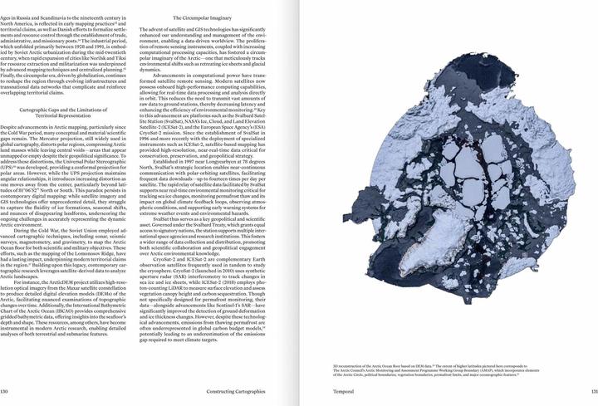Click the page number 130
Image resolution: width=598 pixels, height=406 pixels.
click(x=5, y=392)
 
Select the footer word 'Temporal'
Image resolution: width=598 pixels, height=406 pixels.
click(x=334, y=392)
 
